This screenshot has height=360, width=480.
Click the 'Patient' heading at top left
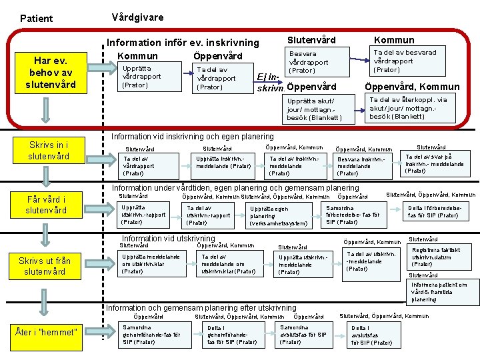click(36, 18)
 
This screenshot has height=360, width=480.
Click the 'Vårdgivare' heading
click(137, 17)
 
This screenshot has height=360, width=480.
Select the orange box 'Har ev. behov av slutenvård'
click(52, 72)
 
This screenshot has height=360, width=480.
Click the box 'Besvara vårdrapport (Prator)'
click(308, 62)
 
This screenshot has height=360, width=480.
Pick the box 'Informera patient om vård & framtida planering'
click(439, 291)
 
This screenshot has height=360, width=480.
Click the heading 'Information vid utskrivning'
click(168, 238)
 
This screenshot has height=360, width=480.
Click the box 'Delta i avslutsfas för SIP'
click(371, 335)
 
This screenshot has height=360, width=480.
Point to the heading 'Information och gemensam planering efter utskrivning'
click(201, 308)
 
